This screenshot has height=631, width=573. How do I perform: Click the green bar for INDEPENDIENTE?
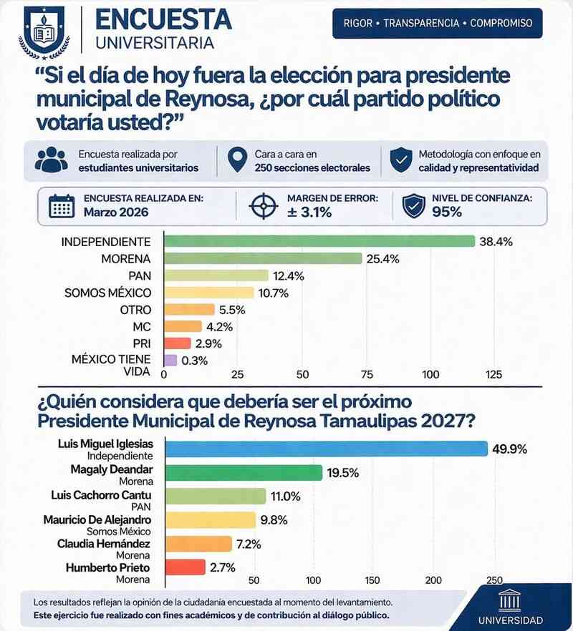[x=319, y=241]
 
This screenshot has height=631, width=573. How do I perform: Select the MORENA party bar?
[x=263, y=258]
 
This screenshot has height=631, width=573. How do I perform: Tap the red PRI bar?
[x=178, y=343]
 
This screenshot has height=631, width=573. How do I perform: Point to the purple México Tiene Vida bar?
[x=170, y=361]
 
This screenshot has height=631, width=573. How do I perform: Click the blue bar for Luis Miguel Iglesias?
[x=327, y=449]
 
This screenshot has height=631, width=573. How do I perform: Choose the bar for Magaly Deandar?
[x=244, y=472]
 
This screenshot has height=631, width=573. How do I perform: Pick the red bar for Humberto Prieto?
[x=186, y=568]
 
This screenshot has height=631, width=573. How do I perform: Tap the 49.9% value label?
[x=510, y=449]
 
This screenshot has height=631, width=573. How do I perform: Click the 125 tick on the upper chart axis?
[x=493, y=374]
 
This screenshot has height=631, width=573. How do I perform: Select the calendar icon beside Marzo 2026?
[x=62, y=206]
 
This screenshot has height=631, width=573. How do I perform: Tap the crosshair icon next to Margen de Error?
[x=263, y=206]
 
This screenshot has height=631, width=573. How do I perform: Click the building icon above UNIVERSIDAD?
[x=509, y=600]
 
